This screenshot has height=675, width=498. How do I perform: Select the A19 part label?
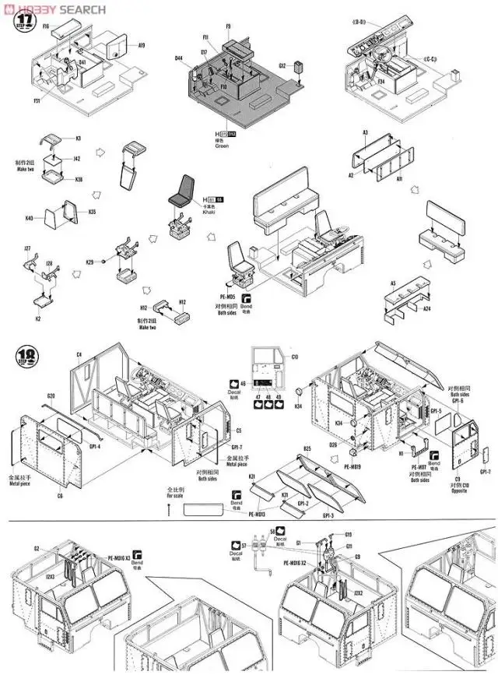coord(141,46)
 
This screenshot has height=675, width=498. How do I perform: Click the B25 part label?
coord(307,449)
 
